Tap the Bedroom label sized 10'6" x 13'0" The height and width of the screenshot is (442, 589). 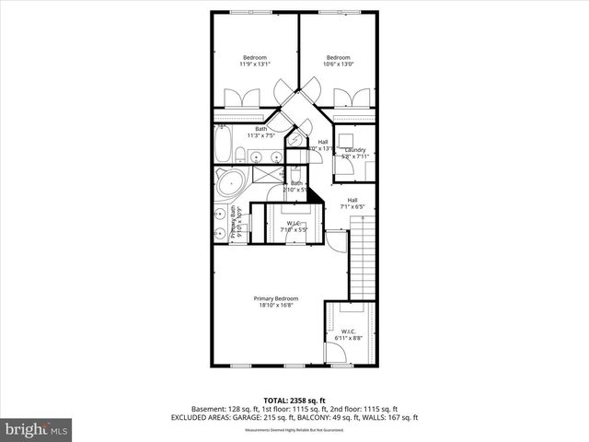click(x=339, y=57)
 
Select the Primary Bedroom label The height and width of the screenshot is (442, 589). click(x=276, y=298)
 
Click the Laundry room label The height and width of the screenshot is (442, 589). click(x=355, y=149)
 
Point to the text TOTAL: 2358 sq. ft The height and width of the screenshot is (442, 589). click(x=294, y=401)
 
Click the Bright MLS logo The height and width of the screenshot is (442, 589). click(x=37, y=429)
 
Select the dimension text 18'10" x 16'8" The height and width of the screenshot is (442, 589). click(x=276, y=306)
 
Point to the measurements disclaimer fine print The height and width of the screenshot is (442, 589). click(x=294, y=430)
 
